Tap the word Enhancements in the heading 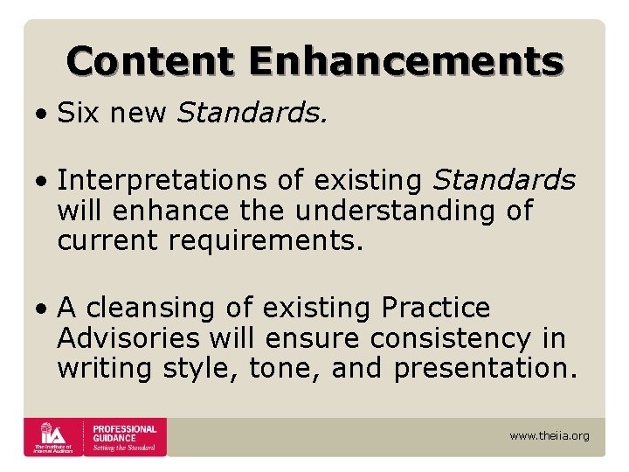[x=405, y=62]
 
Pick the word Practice [x=437, y=309]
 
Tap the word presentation [x=486, y=368]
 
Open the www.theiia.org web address [x=550, y=435]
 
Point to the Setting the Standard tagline [x=125, y=448]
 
